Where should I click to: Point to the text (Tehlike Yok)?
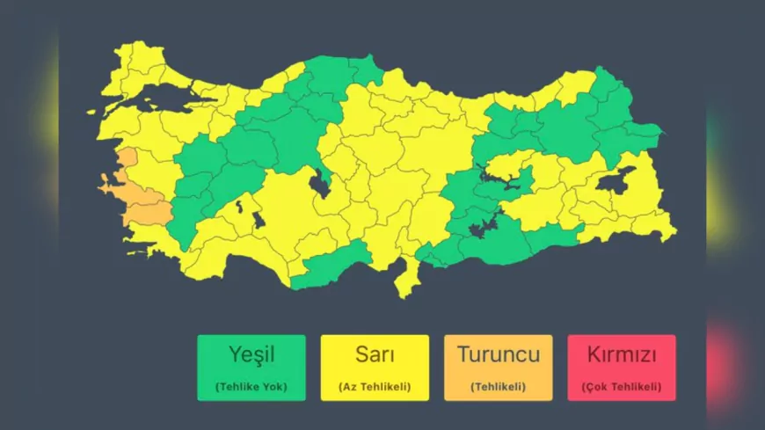coord(251,386)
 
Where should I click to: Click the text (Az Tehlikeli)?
coord(374,386)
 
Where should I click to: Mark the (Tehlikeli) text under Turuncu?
coord(499,386)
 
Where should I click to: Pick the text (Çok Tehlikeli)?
coord(621,386)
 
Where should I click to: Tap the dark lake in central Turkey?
coord(317,186)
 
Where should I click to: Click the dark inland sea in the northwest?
coord(158,97)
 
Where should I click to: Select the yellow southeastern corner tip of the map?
coord(674,234)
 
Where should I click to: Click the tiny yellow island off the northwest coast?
coord(91,112)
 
